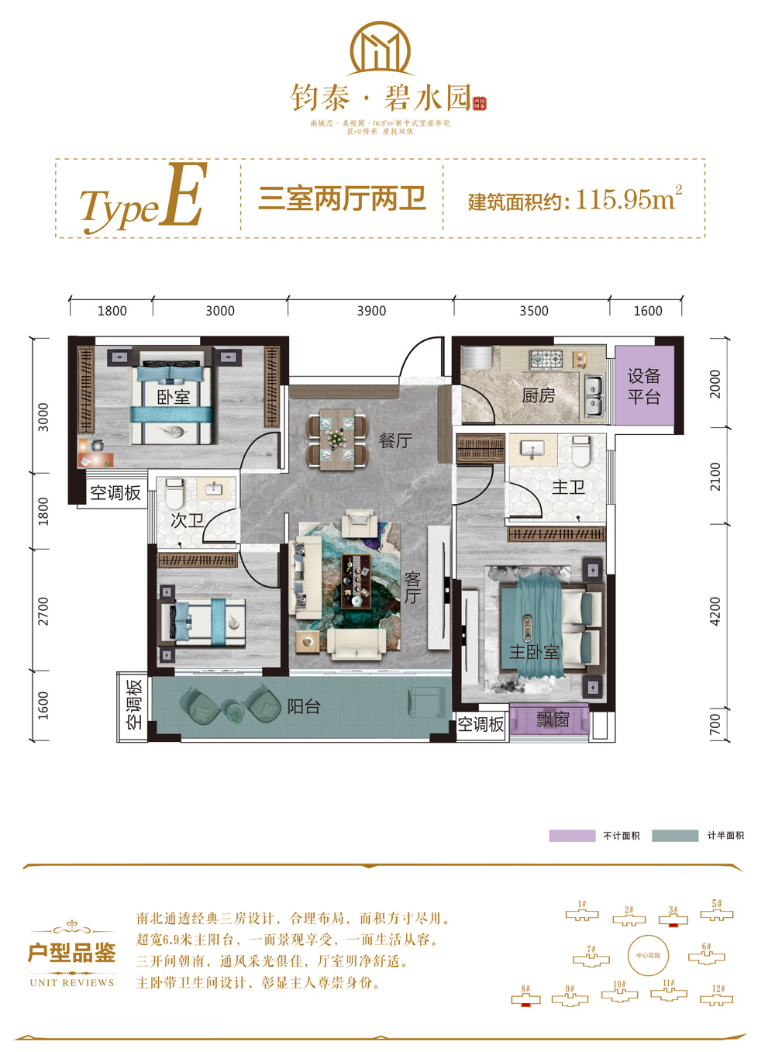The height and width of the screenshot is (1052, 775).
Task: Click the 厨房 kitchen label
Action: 539,396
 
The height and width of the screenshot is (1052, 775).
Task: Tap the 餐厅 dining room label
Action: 395,441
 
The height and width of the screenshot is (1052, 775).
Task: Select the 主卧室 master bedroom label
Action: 534,653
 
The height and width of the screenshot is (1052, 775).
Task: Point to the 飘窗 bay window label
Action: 553,720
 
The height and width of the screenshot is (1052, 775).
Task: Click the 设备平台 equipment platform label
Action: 644,387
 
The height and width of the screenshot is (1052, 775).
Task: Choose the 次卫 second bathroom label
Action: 187,521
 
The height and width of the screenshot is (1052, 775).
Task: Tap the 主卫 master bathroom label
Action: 568,488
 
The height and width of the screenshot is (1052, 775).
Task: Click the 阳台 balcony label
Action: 304,707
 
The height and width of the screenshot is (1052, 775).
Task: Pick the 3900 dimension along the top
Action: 371,311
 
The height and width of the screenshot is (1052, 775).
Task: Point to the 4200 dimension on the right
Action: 715,612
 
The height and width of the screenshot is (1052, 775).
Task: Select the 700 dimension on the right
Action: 715,725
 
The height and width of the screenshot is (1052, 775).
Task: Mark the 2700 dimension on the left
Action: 43,611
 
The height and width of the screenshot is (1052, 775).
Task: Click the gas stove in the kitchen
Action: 546,359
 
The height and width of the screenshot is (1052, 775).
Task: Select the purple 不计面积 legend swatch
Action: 572,836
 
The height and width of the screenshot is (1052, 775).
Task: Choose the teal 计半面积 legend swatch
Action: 675,836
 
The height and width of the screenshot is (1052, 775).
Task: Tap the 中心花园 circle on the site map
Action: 648,955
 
